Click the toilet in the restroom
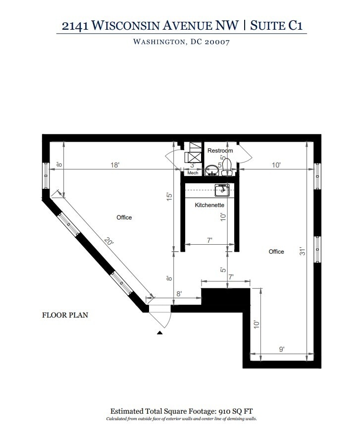point(227,166)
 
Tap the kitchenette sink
point(223,188)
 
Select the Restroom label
point(220,151)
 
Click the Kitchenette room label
point(209,205)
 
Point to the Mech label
point(193,173)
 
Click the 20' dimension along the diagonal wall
point(109,242)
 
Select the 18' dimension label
point(115,165)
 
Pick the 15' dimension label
point(169,197)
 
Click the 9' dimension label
point(281,349)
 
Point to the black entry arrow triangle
point(159,333)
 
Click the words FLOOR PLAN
point(65,315)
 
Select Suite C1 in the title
point(276,25)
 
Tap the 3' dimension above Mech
point(193,165)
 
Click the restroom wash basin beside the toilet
point(212,170)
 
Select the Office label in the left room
point(124,217)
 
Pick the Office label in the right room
point(276,252)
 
